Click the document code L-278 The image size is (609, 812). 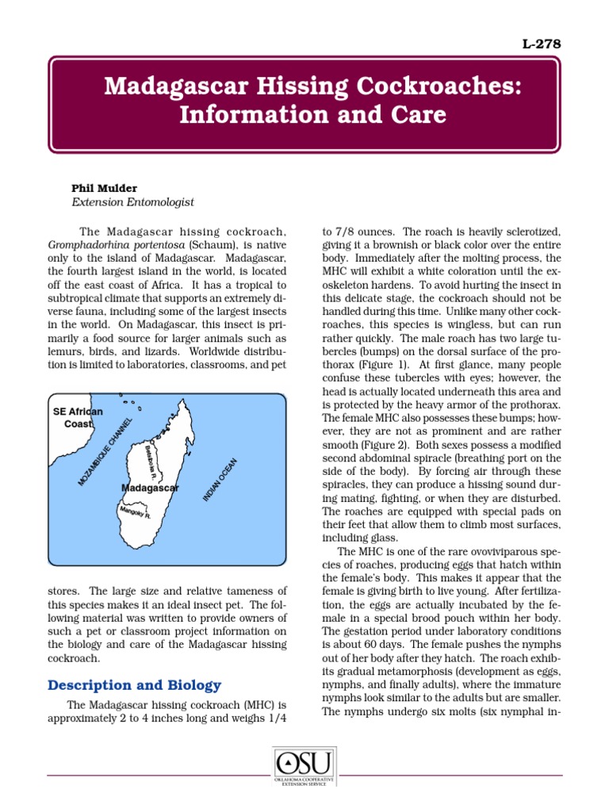(x=542, y=44)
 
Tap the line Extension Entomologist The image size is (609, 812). (x=132, y=202)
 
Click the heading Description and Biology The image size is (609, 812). (x=135, y=685)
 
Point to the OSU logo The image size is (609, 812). (x=304, y=768)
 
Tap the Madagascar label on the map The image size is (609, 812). (x=150, y=488)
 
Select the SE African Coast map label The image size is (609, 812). (x=78, y=418)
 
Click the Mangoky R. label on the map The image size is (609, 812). (x=135, y=513)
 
